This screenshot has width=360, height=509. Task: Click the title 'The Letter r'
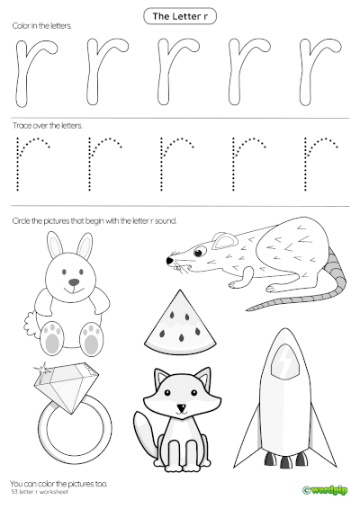tap(181, 15)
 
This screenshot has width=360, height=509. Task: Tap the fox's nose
tap(181, 409)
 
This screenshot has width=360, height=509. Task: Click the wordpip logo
tap(325, 491)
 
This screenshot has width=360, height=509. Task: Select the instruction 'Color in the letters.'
tap(41, 27)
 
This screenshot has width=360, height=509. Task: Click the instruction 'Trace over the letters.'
tap(47, 126)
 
